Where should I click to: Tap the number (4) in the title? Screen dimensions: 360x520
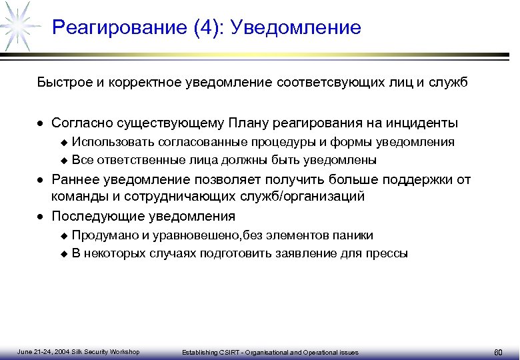point(207,28)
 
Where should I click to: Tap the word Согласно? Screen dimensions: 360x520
point(81,123)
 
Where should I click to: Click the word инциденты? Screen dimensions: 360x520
point(421,123)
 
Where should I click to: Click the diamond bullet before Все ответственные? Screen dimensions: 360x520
point(64,160)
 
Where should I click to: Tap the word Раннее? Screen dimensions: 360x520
point(73,179)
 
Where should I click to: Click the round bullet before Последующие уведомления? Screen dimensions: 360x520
point(41,217)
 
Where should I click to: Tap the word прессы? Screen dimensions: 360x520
point(390,253)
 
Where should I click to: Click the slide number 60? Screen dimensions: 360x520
point(497,351)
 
